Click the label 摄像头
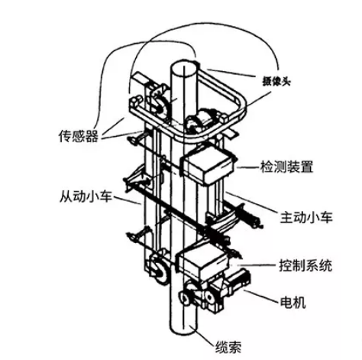[x=276, y=82]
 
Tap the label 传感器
[x=78, y=136]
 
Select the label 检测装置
[x=286, y=167]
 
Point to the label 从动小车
[x=86, y=196]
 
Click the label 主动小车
[x=306, y=217]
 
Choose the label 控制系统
[x=305, y=265]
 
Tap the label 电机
[x=293, y=303]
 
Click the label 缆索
[x=228, y=347]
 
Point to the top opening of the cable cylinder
[x=184, y=68]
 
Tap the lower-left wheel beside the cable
[x=158, y=270]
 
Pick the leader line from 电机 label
[x=260, y=297]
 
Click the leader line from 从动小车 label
[x=127, y=200]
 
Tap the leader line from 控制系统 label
[x=257, y=265]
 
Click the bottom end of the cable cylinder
[x=184, y=330]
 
